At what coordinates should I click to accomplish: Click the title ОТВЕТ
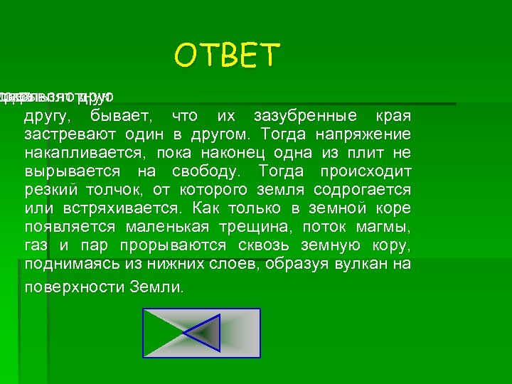click(228, 55)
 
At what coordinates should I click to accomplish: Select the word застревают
click(60, 135)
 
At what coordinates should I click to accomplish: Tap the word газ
click(35, 246)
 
